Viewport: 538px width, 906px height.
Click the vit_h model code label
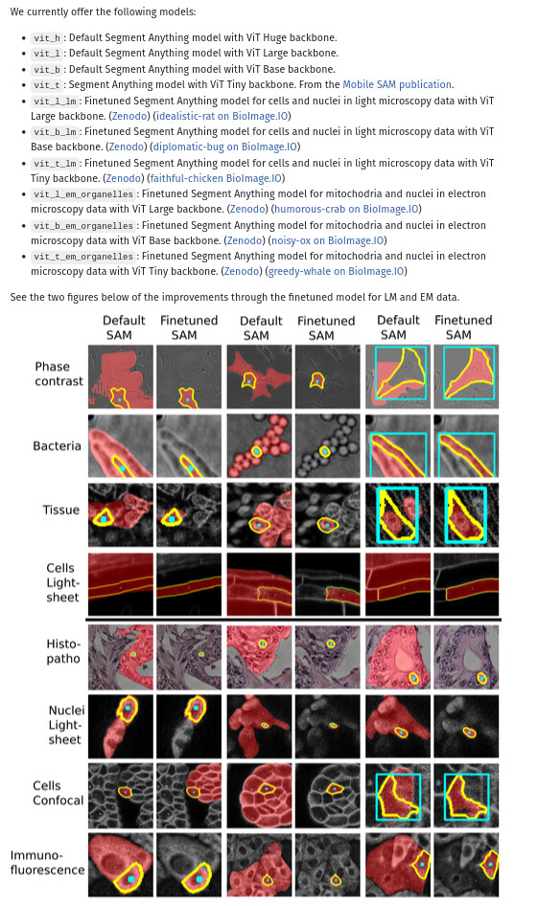click(46, 38)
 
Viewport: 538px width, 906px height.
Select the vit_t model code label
click(46, 85)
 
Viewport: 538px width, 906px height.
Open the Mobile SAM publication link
click(397, 84)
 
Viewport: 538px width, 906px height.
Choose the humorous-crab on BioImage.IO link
click(346, 209)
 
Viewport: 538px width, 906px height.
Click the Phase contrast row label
click(58, 374)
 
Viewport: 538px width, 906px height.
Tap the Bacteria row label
click(58, 446)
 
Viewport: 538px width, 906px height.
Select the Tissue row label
click(60, 510)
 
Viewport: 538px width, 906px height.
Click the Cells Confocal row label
click(58, 793)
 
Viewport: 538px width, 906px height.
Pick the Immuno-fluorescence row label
click(47, 862)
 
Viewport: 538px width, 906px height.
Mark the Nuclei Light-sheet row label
click(66, 724)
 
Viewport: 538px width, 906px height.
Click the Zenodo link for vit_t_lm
click(125, 178)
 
